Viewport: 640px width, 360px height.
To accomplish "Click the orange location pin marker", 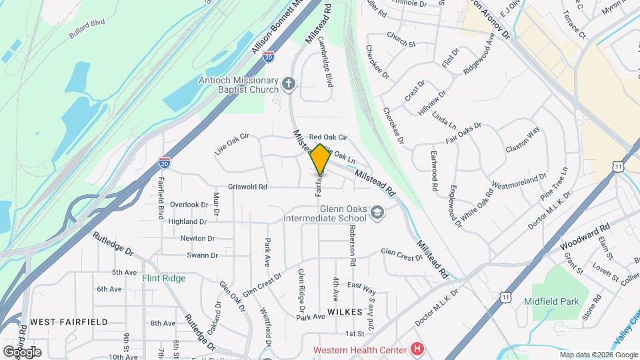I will (x=320, y=159).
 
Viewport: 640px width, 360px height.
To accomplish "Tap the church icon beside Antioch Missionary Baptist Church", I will (x=288, y=83).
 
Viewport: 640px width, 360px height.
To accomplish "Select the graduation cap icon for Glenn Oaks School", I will (x=378, y=212).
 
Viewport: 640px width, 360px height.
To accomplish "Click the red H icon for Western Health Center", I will (x=417, y=349).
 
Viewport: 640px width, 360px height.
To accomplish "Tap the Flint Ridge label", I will (x=163, y=278).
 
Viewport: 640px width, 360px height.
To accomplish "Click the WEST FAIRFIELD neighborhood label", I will (x=69, y=322).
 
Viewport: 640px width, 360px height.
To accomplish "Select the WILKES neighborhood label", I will (x=345, y=312).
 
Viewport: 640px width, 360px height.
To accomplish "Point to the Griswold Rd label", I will (x=247, y=187).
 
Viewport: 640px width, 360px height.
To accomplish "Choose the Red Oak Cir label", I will (x=325, y=137).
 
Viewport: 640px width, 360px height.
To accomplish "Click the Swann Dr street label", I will (x=202, y=255).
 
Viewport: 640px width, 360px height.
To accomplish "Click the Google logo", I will (x=22, y=351).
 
